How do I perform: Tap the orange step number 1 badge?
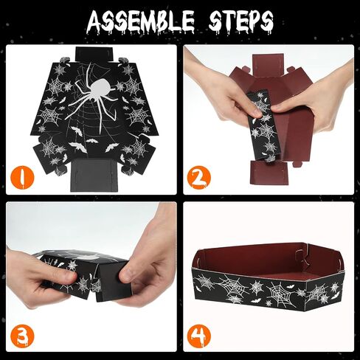[x=22, y=177]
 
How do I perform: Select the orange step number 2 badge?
[x=199, y=177]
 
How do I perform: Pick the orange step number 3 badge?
[x=22, y=335]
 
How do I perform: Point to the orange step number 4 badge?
[x=199, y=335]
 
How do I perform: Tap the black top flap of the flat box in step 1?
[x=94, y=55]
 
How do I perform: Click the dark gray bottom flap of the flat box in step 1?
[x=94, y=175]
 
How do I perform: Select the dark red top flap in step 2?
[x=269, y=65]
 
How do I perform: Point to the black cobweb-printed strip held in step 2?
[x=263, y=126]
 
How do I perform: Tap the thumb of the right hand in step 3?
[x=131, y=273]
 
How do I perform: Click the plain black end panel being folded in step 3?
[x=112, y=280]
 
